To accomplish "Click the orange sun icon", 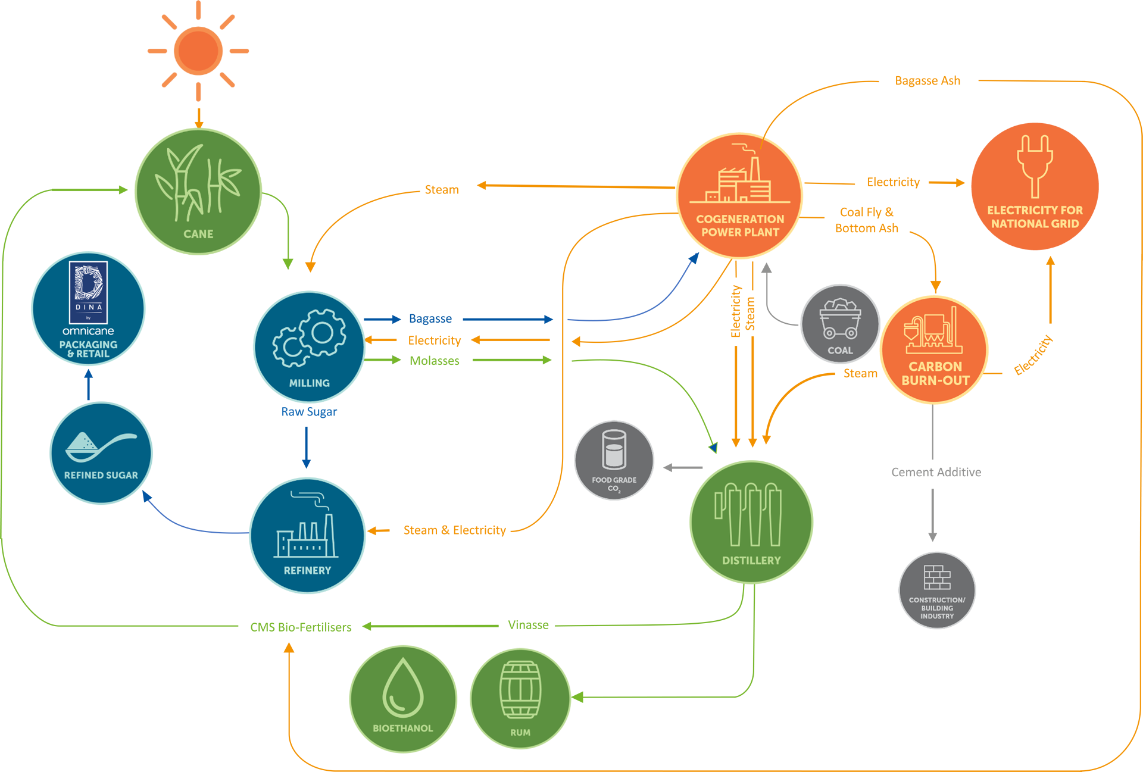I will coord(198,51).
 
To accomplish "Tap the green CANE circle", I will coord(198,191).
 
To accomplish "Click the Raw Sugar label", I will coord(309,412).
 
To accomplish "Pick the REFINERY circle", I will coord(307,535).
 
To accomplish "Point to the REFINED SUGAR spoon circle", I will coord(101,453).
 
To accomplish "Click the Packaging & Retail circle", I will coord(88,308).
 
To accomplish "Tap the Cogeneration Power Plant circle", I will coord(740,195).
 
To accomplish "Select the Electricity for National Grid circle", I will coord(1035,186).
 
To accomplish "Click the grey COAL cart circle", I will coord(840,324).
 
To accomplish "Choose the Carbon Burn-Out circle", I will coord(935,349).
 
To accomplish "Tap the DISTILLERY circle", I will coord(751,522).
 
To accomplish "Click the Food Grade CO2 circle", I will coord(614,460).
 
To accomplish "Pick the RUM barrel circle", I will coord(520,698).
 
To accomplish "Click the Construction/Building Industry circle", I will coord(937,590).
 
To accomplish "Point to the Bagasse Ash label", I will coord(927,81).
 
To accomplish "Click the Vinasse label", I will coord(528,625).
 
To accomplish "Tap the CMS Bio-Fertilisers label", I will coord(301,627).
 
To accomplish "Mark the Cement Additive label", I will coord(936,472).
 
